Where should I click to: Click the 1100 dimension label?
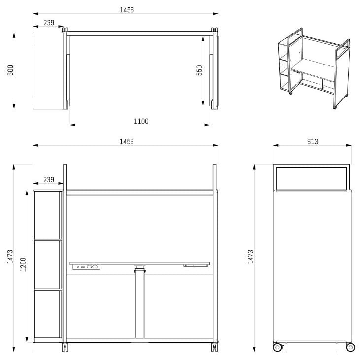[141, 121]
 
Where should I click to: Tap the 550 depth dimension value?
[199, 70]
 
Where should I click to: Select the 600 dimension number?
[10, 70]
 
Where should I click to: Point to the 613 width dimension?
[313, 142]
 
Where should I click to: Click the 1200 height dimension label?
[23, 265]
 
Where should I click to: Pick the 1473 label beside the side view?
[251, 257]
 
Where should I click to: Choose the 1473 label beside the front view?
[10, 257]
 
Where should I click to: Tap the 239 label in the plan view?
[49, 23]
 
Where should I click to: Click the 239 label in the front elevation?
[49, 180]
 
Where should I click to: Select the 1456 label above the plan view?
[127, 10]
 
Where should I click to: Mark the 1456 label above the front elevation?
[127, 142]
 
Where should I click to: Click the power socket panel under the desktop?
[86, 267]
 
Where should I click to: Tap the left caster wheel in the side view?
[277, 347]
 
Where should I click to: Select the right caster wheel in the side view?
[350, 347]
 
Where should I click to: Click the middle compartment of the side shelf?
[47, 264]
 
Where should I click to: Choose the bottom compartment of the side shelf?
[47, 314]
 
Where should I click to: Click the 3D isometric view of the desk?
[314, 68]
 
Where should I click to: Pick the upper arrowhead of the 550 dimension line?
[203, 38]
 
